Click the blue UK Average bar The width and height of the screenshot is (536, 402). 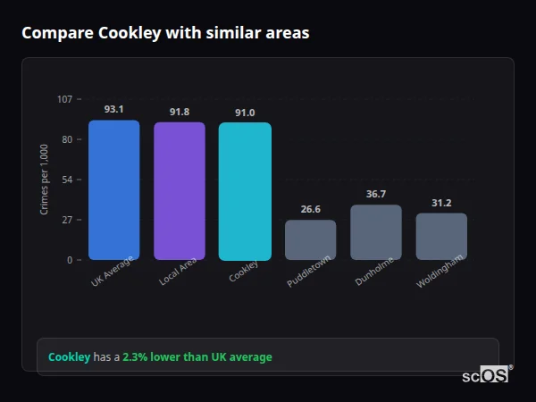pos(113,189)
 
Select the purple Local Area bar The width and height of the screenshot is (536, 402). pos(179,190)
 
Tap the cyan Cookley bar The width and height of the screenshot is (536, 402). pos(245,191)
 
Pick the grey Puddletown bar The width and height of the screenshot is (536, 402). pos(310,239)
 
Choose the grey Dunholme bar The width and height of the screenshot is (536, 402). pos(376,232)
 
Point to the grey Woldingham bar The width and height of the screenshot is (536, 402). pos(441,236)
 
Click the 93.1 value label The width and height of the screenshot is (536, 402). pos(113,109)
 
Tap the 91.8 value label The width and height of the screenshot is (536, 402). pos(179,112)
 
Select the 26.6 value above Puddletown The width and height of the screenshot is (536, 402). pos(310,209)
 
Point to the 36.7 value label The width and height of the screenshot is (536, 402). pos(376,194)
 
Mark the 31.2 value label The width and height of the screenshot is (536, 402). pos(441,203)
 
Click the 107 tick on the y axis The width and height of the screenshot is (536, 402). pos(64,99)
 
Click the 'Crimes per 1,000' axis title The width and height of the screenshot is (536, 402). pos(45,180)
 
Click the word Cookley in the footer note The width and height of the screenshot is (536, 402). pos(69,357)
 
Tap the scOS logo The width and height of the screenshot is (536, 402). pos(486,375)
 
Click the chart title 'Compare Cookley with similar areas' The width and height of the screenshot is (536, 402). pos(165,33)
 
